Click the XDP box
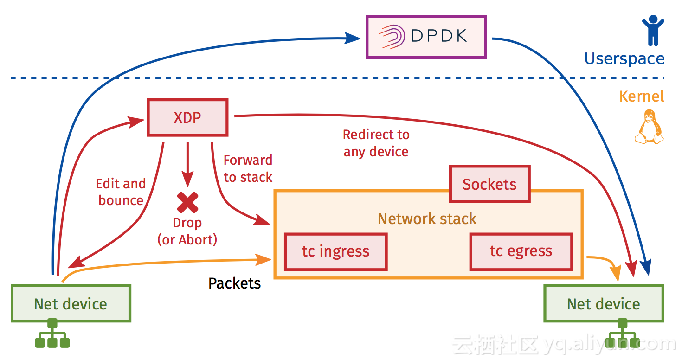pyautogui.click(x=187, y=117)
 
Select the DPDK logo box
pyautogui.click(x=426, y=37)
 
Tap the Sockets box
pyautogui.click(x=490, y=184)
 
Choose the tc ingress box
pyautogui.click(x=336, y=252)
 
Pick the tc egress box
pyautogui.click(x=521, y=251)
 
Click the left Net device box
pyautogui.click(x=71, y=303)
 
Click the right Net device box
pyautogui.click(x=604, y=303)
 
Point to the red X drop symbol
pyautogui.click(x=187, y=203)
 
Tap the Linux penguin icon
pyautogui.click(x=650, y=127)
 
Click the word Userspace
pyautogui.click(x=624, y=59)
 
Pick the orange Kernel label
pyautogui.click(x=642, y=96)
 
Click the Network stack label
pyautogui.click(x=427, y=219)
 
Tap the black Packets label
pyautogui.click(x=235, y=283)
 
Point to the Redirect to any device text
pyautogui.click(x=376, y=143)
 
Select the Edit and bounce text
pyautogui.click(x=121, y=192)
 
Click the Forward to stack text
pyautogui.click(x=248, y=169)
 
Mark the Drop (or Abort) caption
pyautogui.click(x=187, y=231)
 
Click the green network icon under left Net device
pyautogui.click(x=52, y=333)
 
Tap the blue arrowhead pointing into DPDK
pyautogui.click(x=353, y=39)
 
